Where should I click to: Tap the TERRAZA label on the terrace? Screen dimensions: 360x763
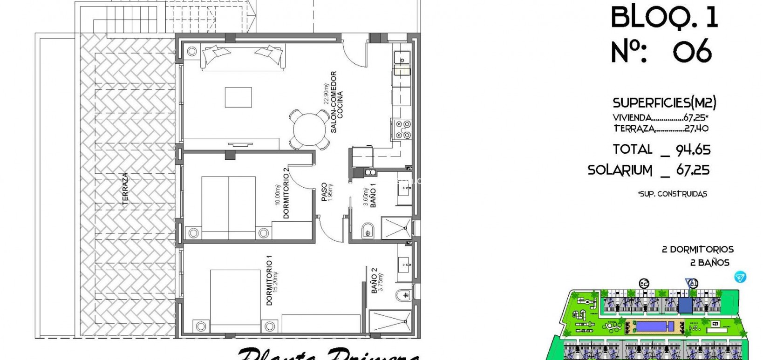click(x=125, y=189)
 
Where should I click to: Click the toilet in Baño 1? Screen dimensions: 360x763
click(x=367, y=230)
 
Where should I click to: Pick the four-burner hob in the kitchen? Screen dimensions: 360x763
click(x=403, y=129)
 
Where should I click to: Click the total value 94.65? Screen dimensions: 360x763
click(x=693, y=150)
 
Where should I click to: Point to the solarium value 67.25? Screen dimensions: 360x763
click(x=693, y=170)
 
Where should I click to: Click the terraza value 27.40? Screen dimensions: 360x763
click(x=696, y=129)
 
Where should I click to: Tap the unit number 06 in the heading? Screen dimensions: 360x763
click(x=692, y=51)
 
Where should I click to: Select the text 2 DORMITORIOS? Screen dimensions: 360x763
click(x=697, y=250)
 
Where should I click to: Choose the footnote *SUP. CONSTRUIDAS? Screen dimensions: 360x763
click(x=672, y=194)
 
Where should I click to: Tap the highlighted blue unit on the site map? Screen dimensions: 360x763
click(x=685, y=306)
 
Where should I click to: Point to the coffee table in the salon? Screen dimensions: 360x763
click(x=239, y=98)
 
